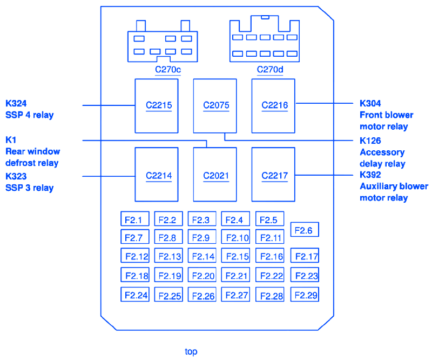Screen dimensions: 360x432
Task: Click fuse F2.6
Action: point(305,230)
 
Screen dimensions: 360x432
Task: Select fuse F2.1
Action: point(134,219)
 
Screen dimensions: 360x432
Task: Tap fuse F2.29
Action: point(305,295)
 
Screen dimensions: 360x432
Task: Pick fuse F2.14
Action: point(202,256)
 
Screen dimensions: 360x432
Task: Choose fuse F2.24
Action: point(135,295)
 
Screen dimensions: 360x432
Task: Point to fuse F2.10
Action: point(235,237)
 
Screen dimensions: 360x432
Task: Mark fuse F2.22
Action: point(270,276)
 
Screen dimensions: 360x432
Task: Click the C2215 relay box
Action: point(156,105)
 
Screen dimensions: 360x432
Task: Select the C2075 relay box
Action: point(215,105)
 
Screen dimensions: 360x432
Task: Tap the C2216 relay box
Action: point(273,105)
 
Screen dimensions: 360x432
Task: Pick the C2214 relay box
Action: point(156,175)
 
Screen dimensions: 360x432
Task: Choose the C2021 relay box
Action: point(215,175)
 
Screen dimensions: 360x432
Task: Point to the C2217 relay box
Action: point(273,175)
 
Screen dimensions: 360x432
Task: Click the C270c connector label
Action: point(168,69)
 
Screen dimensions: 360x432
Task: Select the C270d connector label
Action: point(270,69)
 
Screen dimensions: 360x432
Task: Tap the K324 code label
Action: point(16,103)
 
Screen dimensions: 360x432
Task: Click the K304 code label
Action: point(370,103)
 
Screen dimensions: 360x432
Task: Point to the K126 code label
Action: point(370,141)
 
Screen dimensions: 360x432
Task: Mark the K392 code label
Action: point(370,175)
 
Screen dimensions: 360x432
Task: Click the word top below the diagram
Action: point(191,351)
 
